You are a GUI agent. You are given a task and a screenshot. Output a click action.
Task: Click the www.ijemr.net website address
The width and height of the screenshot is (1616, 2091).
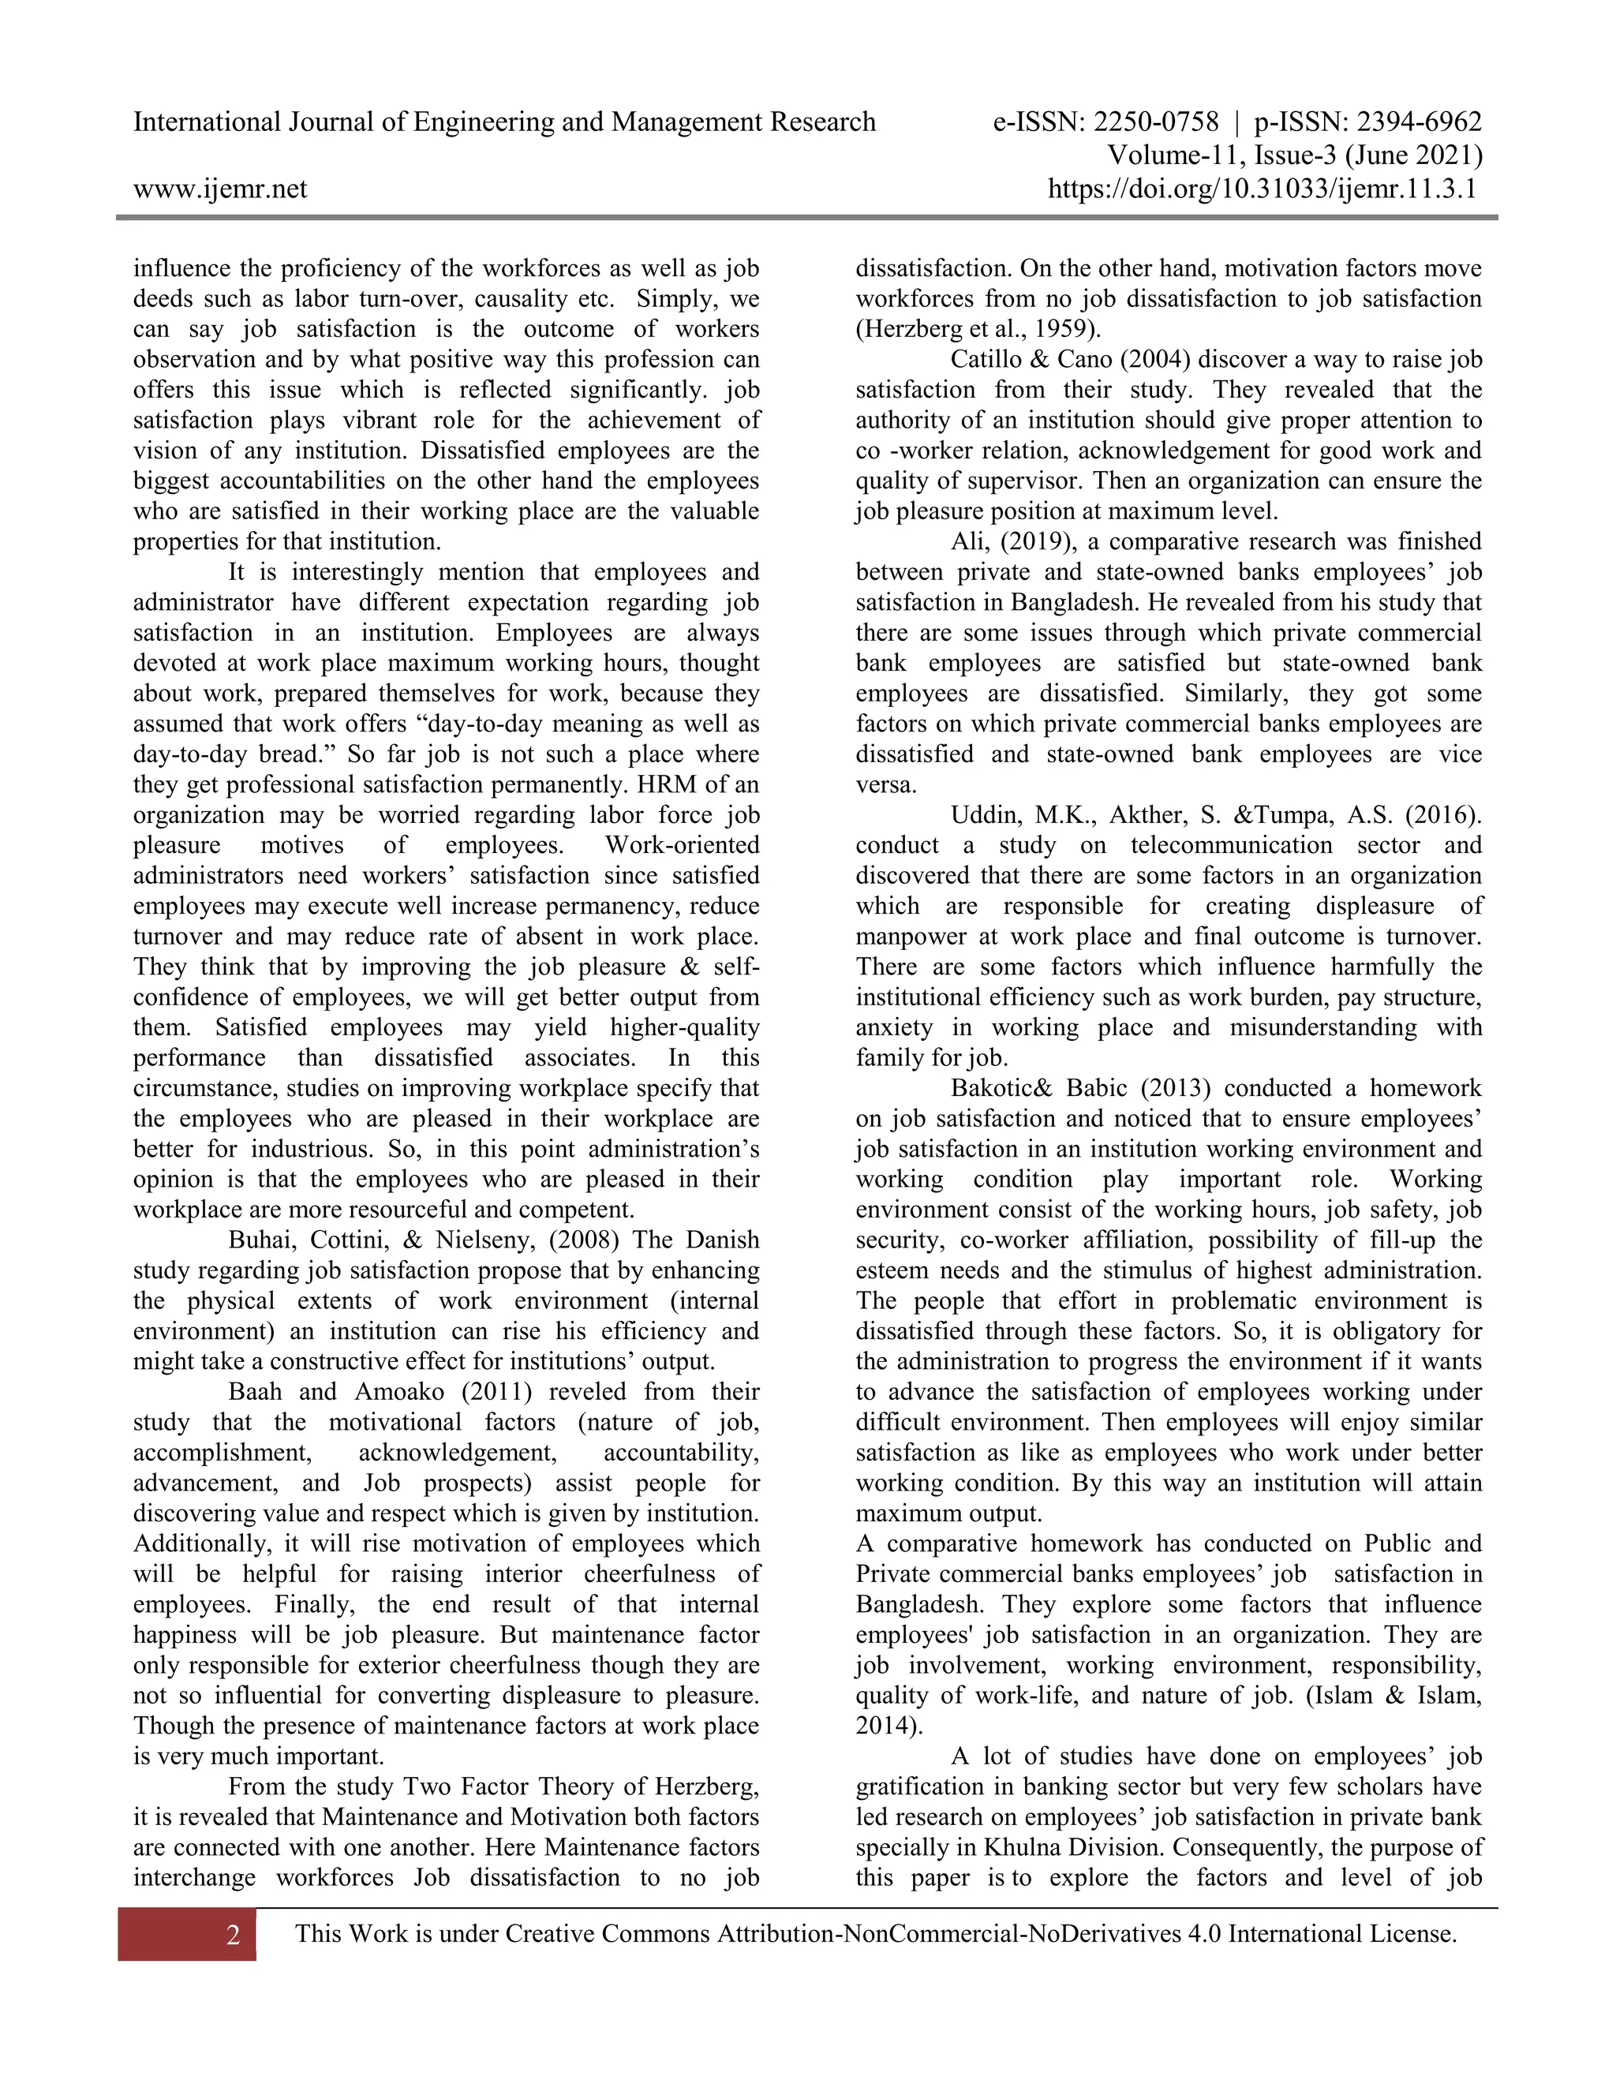(220, 189)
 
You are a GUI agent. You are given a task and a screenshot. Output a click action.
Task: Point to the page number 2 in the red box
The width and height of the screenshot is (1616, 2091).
(233, 1935)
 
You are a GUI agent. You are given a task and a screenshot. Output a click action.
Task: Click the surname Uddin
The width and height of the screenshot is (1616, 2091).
(983, 816)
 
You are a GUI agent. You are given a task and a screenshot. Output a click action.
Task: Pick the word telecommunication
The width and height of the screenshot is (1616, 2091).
(1231, 845)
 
